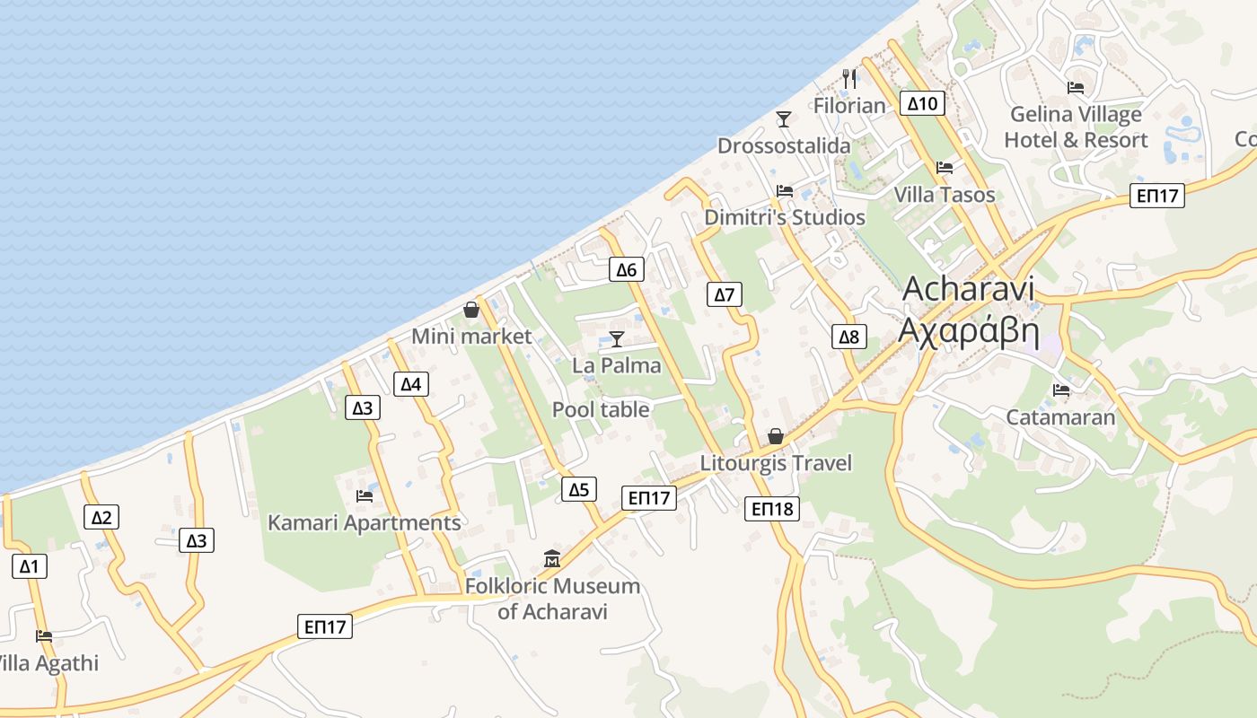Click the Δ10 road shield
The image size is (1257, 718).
coord(922,103)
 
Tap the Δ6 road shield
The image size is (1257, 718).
coord(626,269)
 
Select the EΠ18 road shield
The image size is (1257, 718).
coord(771,510)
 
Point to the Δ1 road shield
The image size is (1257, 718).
coord(30,566)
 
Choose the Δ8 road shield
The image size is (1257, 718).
coord(848,337)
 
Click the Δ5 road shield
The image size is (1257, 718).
coord(579,489)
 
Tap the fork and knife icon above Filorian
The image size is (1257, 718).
coord(849,78)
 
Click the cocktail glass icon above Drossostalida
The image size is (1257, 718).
coord(784,118)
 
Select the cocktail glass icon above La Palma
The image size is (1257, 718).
coord(617,338)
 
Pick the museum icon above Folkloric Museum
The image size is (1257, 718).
coord(551,559)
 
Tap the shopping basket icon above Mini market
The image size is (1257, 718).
coord(471,310)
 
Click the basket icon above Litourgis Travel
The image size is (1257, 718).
coord(776,436)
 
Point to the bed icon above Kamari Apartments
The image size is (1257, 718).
coord(365,495)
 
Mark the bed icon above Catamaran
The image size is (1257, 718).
coord(1061,390)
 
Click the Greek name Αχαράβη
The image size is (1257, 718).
coord(969,332)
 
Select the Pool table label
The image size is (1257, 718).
coord(601,409)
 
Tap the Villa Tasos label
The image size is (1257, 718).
coord(945,195)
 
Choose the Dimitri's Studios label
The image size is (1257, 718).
coord(785,217)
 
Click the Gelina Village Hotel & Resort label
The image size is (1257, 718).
coord(1076,127)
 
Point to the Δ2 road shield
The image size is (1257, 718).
coord(101,517)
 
